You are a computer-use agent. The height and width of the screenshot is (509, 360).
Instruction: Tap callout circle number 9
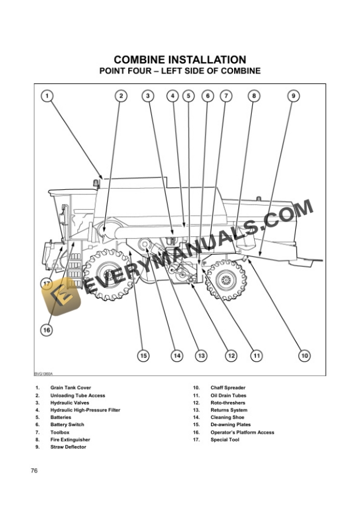click(293, 95)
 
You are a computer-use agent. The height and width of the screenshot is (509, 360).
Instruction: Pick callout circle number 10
click(304, 355)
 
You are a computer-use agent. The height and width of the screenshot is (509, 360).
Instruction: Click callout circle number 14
click(176, 355)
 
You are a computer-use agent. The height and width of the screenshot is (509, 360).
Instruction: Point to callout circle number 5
click(188, 95)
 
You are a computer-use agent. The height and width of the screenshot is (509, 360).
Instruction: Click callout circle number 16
click(46, 330)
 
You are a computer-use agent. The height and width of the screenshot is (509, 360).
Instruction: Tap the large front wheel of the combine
click(107, 274)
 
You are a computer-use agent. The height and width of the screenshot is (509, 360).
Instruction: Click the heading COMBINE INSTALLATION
click(180, 60)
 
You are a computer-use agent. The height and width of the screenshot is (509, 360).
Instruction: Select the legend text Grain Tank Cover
click(71, 388)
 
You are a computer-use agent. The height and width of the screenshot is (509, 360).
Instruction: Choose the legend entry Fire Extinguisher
click(70, 440)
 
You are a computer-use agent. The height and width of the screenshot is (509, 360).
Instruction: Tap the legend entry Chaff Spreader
click(228, 388)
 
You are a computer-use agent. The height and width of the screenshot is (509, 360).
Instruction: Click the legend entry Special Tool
click(225, 440)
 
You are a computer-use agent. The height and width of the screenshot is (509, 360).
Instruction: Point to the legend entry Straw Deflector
click(68, 447)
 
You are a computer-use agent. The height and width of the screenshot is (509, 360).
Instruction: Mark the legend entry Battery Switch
click(67, 424)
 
